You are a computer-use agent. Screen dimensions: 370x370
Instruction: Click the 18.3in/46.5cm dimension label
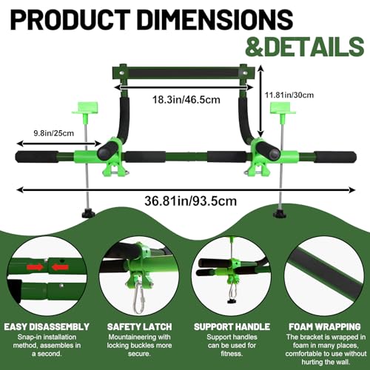[186, 100]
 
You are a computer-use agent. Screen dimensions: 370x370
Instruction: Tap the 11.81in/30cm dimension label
[289, 95]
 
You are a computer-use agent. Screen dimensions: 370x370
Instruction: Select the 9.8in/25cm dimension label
[54, 133]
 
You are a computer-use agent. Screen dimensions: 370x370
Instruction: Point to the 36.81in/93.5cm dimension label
[190, 201]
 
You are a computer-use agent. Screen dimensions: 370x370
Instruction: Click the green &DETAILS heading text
[305, 47]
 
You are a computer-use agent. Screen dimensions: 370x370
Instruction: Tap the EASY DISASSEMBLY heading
[47, 326]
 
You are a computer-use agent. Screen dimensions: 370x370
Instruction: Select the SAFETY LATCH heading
[139, 327]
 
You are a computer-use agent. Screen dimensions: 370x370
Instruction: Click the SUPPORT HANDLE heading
[232, 327]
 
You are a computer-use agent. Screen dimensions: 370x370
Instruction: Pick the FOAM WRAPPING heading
[325, 327]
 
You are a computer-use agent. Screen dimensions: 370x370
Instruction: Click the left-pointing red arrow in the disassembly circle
[61, 267]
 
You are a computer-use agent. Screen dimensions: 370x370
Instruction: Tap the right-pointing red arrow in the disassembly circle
[35, 267]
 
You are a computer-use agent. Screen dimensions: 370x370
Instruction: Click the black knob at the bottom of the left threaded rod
[88, 213]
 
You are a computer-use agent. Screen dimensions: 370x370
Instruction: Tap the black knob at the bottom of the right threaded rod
[280, 214]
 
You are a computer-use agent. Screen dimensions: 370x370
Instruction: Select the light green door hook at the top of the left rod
[85, 110]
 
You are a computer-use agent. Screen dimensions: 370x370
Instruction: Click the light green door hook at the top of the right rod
[282, 110]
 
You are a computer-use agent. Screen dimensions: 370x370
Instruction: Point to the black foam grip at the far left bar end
[37, 157]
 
